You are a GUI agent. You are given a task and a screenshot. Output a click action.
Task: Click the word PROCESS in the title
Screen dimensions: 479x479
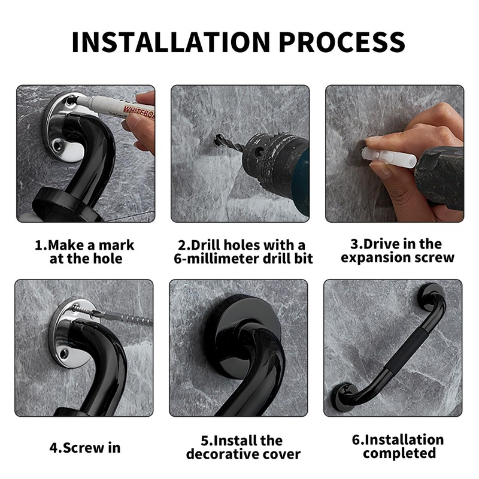click(342, 42)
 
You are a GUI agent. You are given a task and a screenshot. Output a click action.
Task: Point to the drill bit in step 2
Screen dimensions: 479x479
click(229, 143)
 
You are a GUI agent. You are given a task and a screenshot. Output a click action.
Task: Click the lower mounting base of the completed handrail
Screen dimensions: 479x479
click(344, 397)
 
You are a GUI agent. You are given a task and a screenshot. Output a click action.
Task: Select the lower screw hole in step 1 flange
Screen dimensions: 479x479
click(57, 145)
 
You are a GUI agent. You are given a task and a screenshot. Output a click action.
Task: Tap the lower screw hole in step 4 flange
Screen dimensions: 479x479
click(64, 354)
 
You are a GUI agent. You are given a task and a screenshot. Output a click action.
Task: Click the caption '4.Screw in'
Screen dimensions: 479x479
click(85, 448)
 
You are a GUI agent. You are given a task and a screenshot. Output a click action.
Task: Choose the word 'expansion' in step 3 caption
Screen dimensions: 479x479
click(375, 258)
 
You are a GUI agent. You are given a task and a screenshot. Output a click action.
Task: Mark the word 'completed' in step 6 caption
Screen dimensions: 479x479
click(399, 453)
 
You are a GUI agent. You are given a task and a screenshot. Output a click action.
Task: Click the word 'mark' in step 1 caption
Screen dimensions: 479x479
click(117, 245)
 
